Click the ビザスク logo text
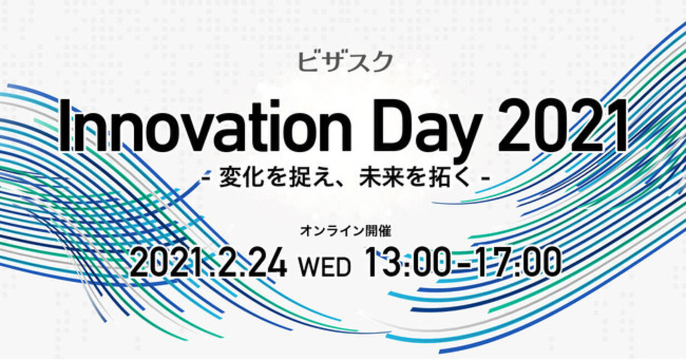point(345,62)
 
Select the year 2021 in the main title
point(562,126)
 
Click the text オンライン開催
point(345,231)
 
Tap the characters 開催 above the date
point(378,231)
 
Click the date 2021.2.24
point(208,263)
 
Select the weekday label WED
point(324,267)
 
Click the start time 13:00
point(407,263)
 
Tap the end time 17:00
point(519,263)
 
